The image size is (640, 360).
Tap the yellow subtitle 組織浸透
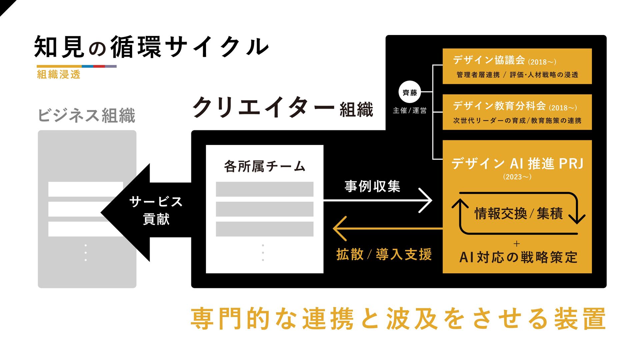(59, 74)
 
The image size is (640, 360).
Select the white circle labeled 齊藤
(410, 92)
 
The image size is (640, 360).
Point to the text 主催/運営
(410, 110)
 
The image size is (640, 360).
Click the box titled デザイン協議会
(517, 66)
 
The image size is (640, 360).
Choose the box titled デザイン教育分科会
(517, 112)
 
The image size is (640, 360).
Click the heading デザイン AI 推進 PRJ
(517, 164)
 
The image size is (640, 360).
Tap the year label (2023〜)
(517, 177)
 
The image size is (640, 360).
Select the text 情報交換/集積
(518, 213)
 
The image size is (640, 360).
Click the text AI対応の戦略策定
(518, 257)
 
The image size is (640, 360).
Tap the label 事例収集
(372, 186)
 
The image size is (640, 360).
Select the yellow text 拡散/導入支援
(384, 254)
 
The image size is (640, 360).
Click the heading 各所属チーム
(264, 166)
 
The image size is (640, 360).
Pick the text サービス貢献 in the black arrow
(156, 210)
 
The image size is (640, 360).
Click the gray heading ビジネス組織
(87, 115)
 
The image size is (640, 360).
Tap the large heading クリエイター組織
(283, 108)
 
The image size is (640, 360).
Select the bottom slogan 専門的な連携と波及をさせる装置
(398, 319)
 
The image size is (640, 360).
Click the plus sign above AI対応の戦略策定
(517, 244)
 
